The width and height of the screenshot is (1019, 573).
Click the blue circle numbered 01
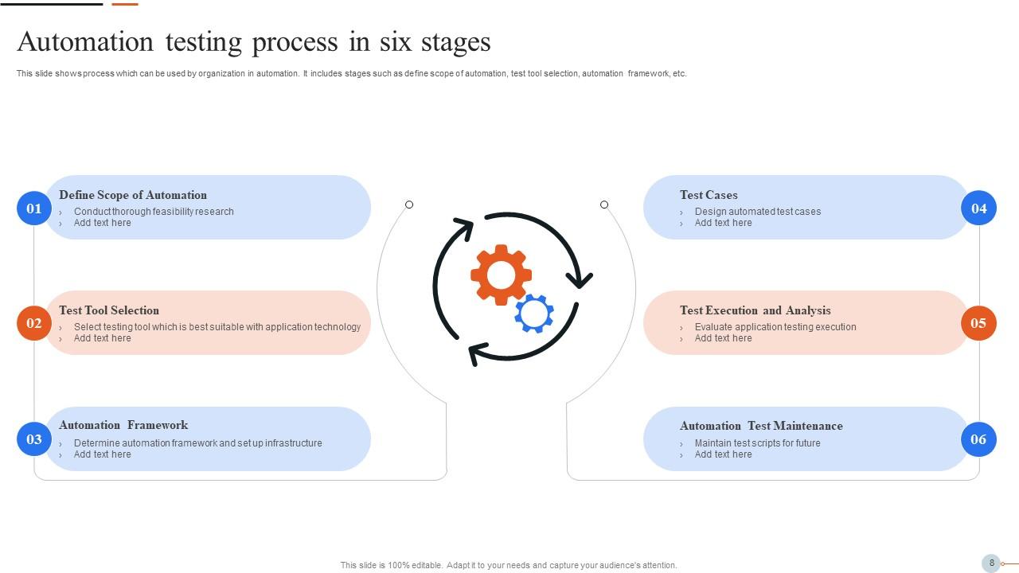click(x=34, y=209)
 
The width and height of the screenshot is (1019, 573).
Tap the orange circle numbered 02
click(x=34, y=323)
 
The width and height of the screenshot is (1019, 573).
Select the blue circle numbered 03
click(x=34, y=439)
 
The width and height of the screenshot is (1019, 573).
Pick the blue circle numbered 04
click(x=978, y=209)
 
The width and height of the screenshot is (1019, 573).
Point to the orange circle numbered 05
click(x=978, y=323)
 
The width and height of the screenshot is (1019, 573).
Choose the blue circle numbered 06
click(x=978, y=439)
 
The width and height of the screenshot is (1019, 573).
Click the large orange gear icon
click(x=501, y=275)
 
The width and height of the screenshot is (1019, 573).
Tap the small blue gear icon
click(x=534, y=313)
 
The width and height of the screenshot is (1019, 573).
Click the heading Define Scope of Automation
click(x=133, y=195)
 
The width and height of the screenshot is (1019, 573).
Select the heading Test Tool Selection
click(x=109, y=310)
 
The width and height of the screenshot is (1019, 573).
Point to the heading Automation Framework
click(x=123, y=425)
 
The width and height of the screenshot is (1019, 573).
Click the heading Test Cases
click(x=709, y=195)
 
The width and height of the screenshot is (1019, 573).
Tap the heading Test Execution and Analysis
click(x=755, y=310)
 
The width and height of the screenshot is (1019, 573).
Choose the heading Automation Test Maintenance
click(x=761, y=426)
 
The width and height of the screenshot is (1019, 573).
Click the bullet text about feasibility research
click(x=154, y=212)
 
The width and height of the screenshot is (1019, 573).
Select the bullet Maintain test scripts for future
click(x=757, y=443)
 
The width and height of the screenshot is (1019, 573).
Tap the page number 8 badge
click(x=991, y=563)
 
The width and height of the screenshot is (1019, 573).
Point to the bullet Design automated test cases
click(x=757, y=212)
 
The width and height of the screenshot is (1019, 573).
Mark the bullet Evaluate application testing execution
click(x=775, y=327)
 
